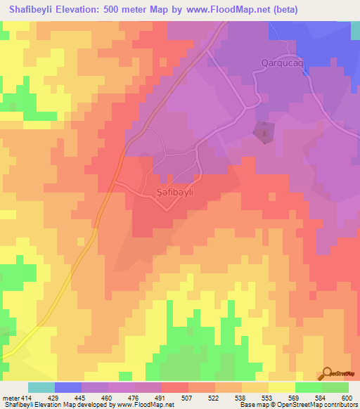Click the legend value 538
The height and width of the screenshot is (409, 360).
[242, 398]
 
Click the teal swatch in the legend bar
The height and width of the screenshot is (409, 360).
[41, 387]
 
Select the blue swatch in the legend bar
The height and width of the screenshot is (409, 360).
[68, 387]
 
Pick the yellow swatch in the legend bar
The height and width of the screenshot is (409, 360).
[282, 387]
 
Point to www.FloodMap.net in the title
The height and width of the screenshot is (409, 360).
[224, 10]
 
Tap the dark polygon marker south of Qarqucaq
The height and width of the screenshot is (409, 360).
[264, 132]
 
